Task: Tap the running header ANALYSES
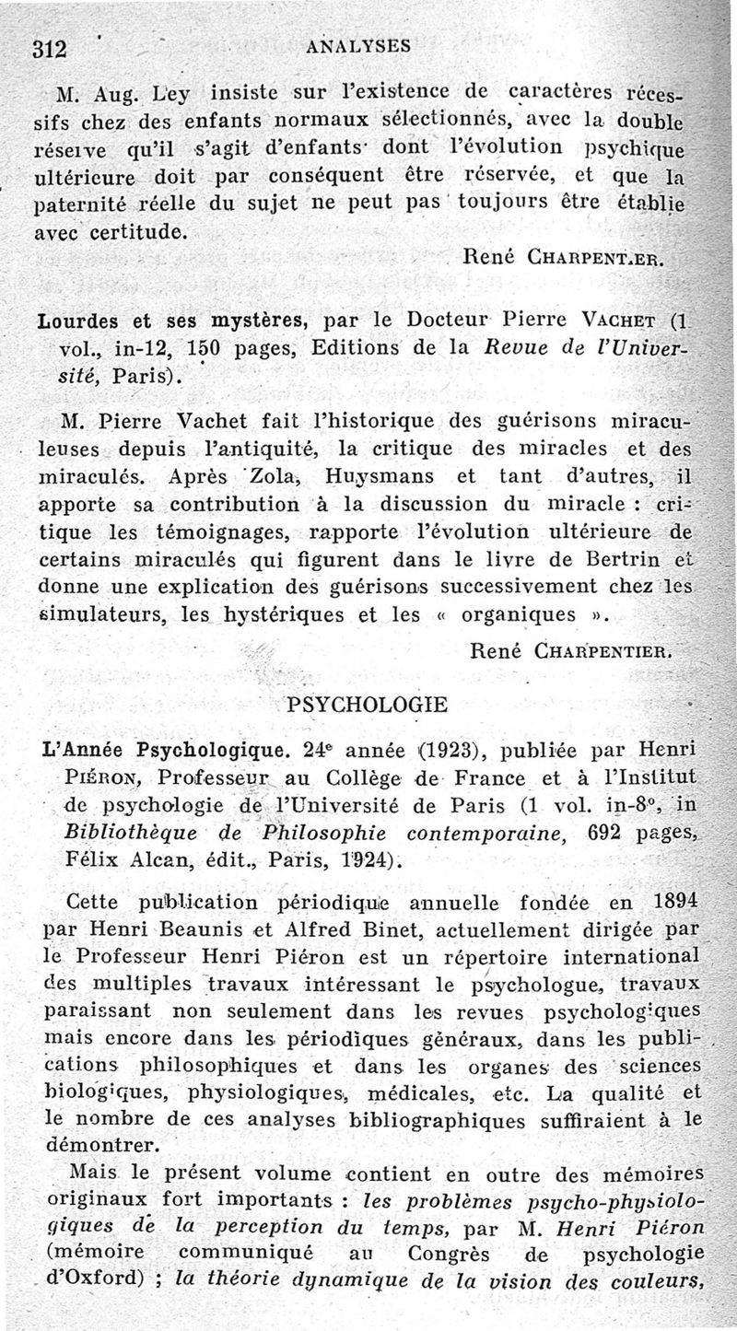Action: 358,45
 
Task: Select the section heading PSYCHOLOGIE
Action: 342,706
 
